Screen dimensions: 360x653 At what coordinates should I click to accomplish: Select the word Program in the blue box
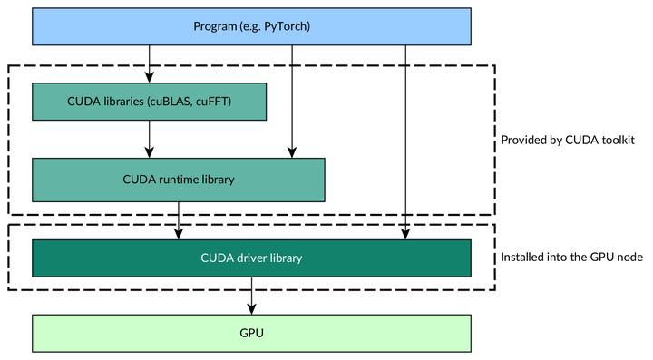pyautogui.click(x=215, y=26)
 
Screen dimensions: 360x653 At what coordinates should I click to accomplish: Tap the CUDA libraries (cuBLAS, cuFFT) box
pyautogui.click(x=150, y=102)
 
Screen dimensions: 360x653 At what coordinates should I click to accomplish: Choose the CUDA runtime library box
pyautogui.click(x=178, y=180)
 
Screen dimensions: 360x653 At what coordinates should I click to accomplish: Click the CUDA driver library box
pyautogui.click(x=251, y=258)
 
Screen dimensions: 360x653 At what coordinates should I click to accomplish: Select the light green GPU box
pyautogui.click(x=251, y=333)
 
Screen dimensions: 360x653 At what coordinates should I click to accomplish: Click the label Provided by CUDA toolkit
pyautogui.click(x=567, y=141)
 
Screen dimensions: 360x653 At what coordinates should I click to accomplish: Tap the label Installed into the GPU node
pyautogui.click(x=571, y=258)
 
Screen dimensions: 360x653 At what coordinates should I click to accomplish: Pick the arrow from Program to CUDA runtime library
pyautogui.click(x=291, y=100)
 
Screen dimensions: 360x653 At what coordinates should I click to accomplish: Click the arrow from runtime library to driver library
pyautogui.click(x=179, y=220)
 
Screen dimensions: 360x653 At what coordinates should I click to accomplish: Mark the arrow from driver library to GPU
pyautogui.click(x=251, y=295)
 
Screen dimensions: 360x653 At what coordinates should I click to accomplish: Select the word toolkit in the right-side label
pyautogui.click(x=614, y=141)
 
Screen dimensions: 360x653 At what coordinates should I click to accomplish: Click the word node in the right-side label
pyautogui.click(x=630, y=258)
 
